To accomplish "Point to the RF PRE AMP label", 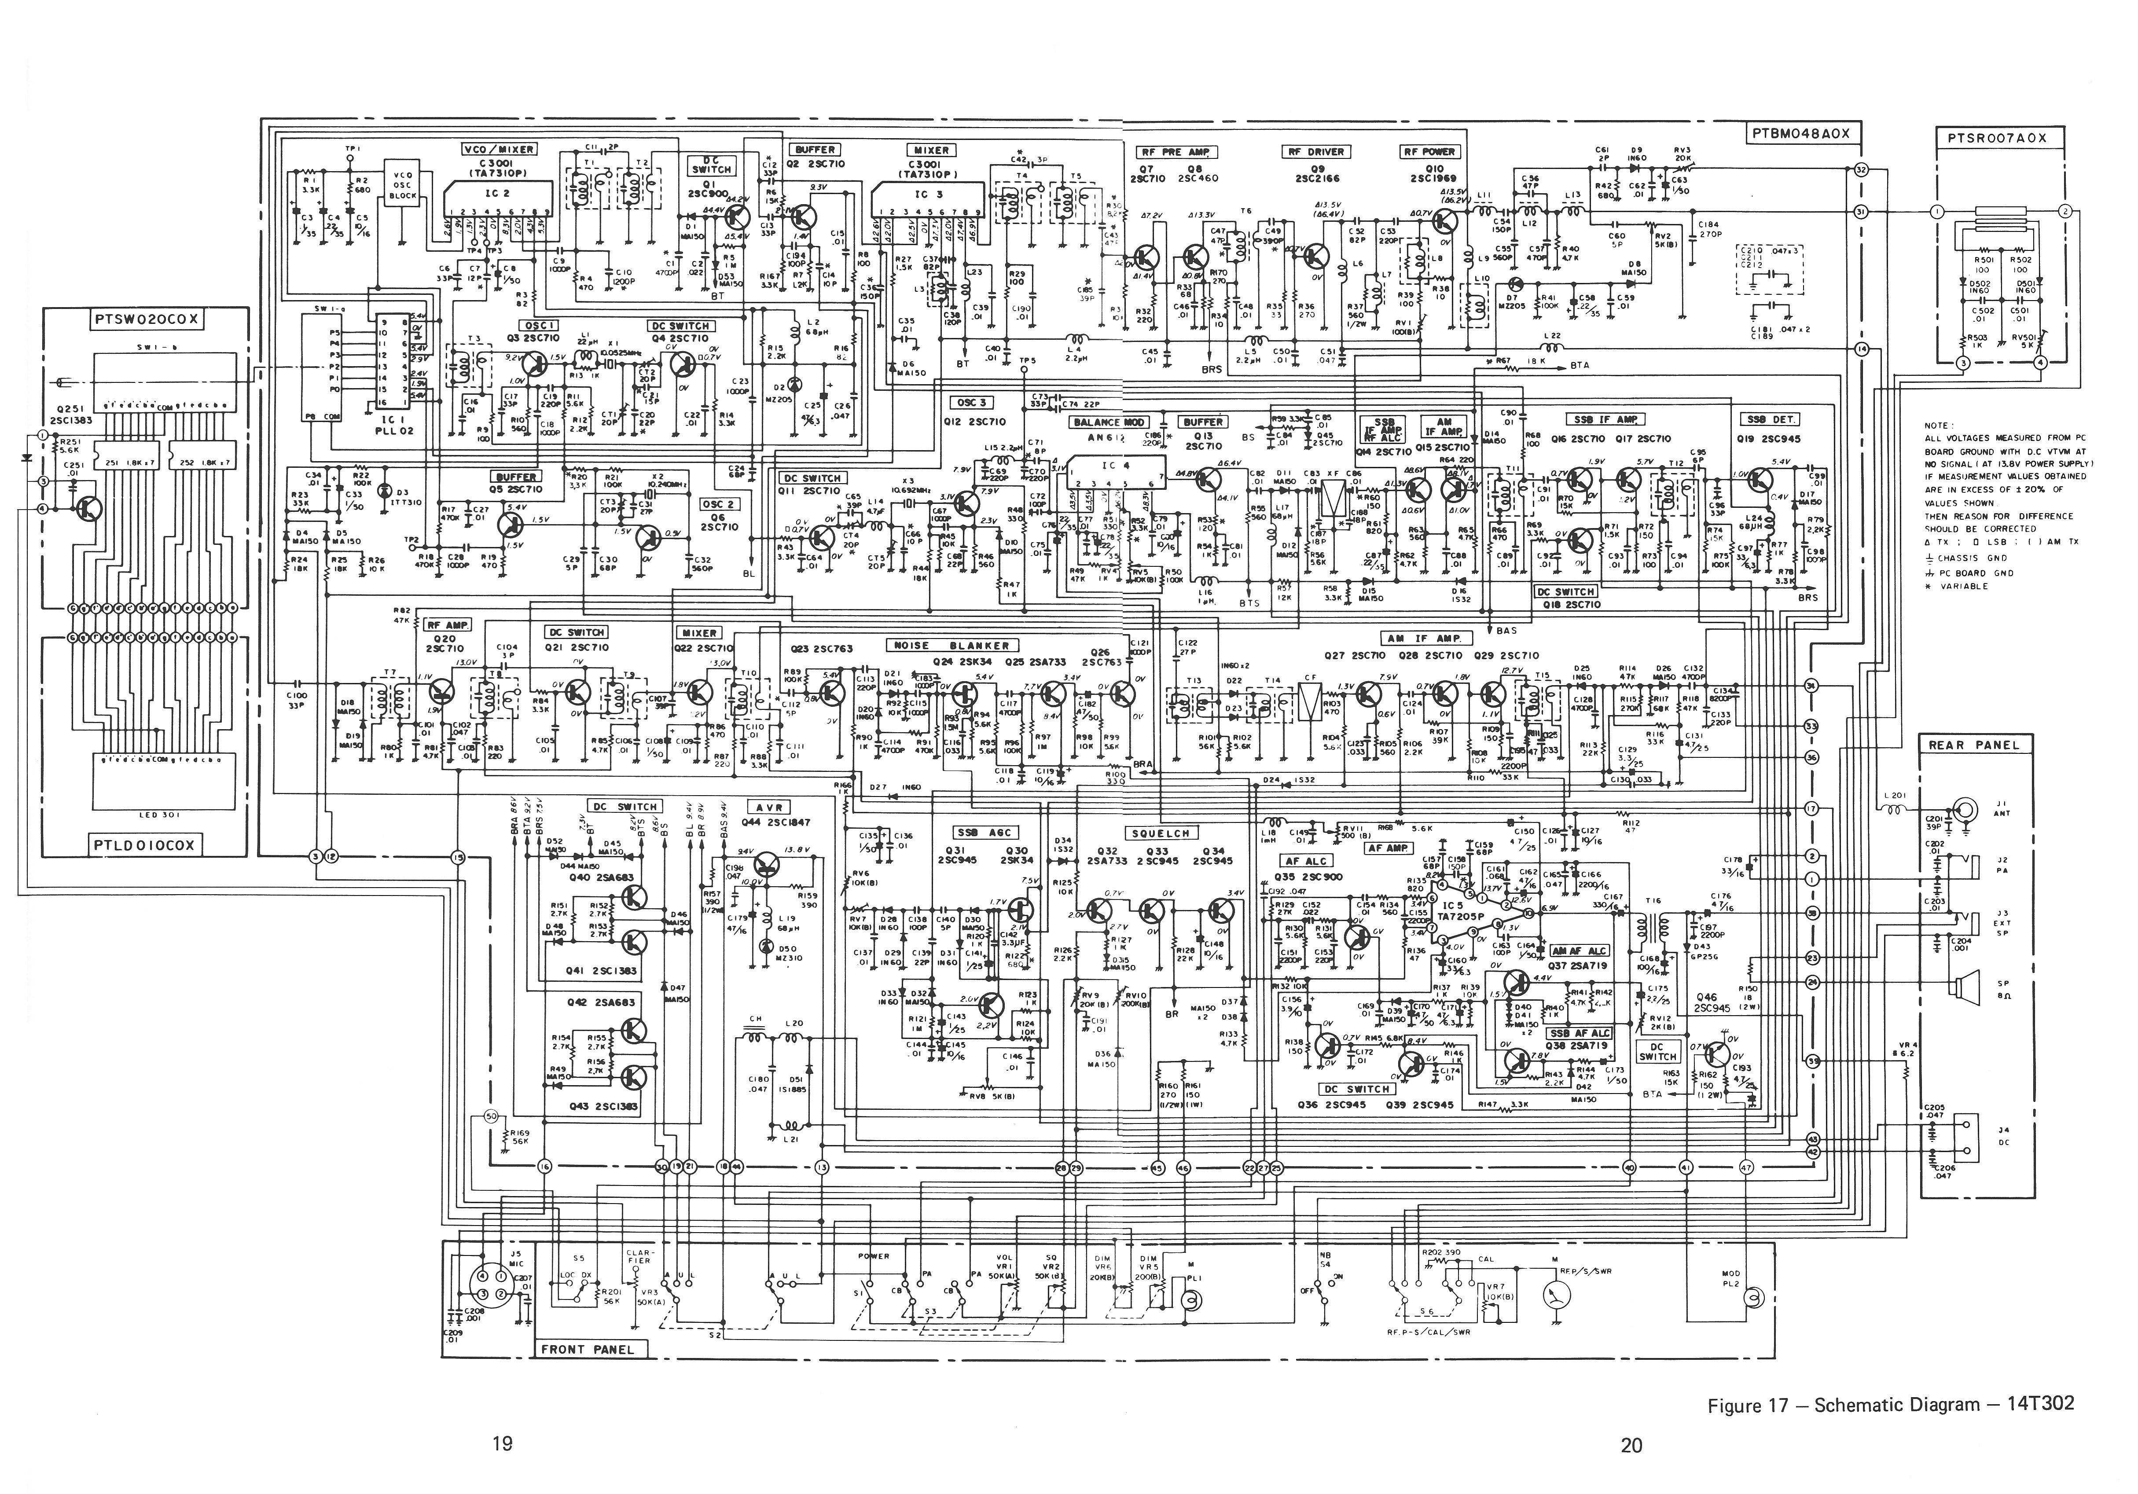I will coord(1177,152).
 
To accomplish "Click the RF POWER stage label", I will coord(1429,152).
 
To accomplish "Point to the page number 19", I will coord(503,1444).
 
